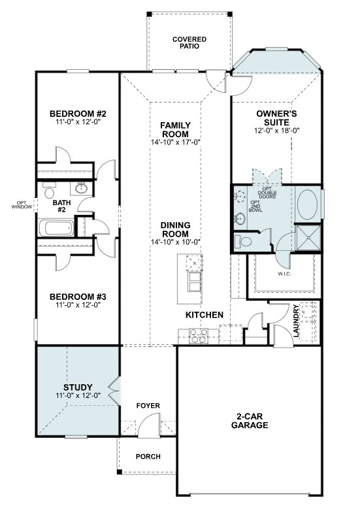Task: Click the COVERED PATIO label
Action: click(189, 42)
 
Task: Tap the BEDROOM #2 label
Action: click(78, 114)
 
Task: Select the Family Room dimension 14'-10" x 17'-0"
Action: click(175, 142)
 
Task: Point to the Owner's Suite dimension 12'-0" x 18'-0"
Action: click(276, 131)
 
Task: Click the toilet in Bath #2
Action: click(49, 190)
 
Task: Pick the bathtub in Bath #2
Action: click(56, 227)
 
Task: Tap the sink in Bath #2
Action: click(81, 188)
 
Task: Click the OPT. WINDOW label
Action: click(22, 205)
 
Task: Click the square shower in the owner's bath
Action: click(308, 238)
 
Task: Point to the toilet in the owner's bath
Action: click(243, 242)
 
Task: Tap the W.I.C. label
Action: click(284, 274)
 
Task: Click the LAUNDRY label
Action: click(296, 321)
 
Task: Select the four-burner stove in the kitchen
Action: click(199, 336)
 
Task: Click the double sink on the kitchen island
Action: click(195, 282)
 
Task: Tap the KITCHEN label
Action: click(205, 314)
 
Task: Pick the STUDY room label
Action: click(78, 387)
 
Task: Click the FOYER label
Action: click(148, 406)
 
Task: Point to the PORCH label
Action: click(148, 457)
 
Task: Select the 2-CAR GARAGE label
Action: click(250, 421)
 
